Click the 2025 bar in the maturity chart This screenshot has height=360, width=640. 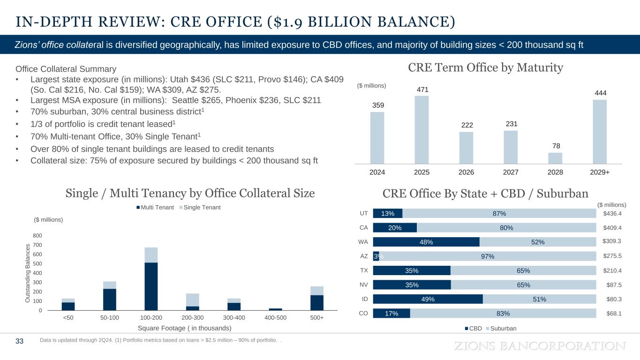point(422,129)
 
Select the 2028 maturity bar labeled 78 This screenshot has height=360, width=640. point(555,158)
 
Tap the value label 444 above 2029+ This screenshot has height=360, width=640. point(600,93)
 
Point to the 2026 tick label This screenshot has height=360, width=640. point(466,172)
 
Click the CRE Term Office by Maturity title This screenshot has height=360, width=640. point(485,68)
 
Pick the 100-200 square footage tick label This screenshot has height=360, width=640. point(151,318)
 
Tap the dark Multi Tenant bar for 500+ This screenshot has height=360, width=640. point(317,302)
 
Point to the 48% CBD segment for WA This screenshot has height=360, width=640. point(426,242)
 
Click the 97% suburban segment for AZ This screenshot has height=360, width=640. point(488,256)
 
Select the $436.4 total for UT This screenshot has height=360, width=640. point(612,214)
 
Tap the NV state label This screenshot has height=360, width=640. point(363,285)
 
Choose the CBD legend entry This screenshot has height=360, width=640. point(473,328)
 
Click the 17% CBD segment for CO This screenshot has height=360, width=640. point(392,313)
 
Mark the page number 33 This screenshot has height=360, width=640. point(19,341)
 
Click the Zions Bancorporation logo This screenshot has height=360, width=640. point(541,346)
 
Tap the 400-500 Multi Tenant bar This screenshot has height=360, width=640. point(276,309)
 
